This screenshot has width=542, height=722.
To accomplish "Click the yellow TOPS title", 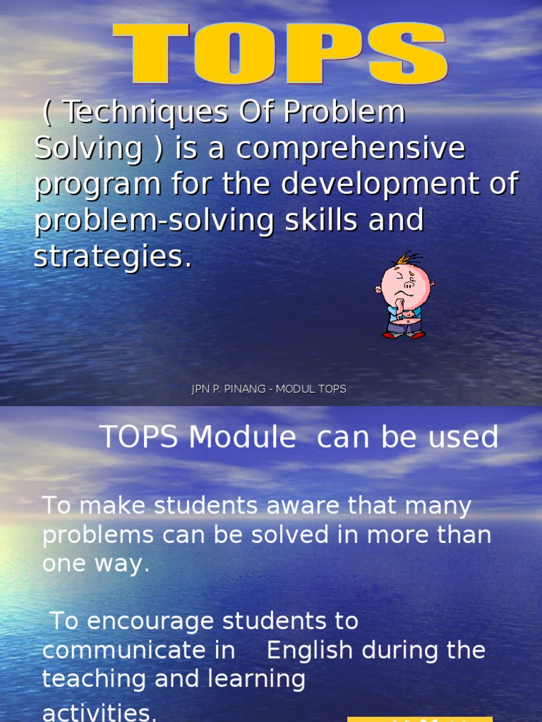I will tap(280, 56).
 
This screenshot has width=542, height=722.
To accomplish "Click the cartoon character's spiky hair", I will tap(408, 258).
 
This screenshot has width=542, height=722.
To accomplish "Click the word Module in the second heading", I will tap(242, 438).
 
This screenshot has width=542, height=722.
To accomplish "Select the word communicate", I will tap(139, 650).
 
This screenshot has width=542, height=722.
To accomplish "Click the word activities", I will tap(100, 712).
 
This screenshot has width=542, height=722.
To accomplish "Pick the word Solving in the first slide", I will tap(89, 149).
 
